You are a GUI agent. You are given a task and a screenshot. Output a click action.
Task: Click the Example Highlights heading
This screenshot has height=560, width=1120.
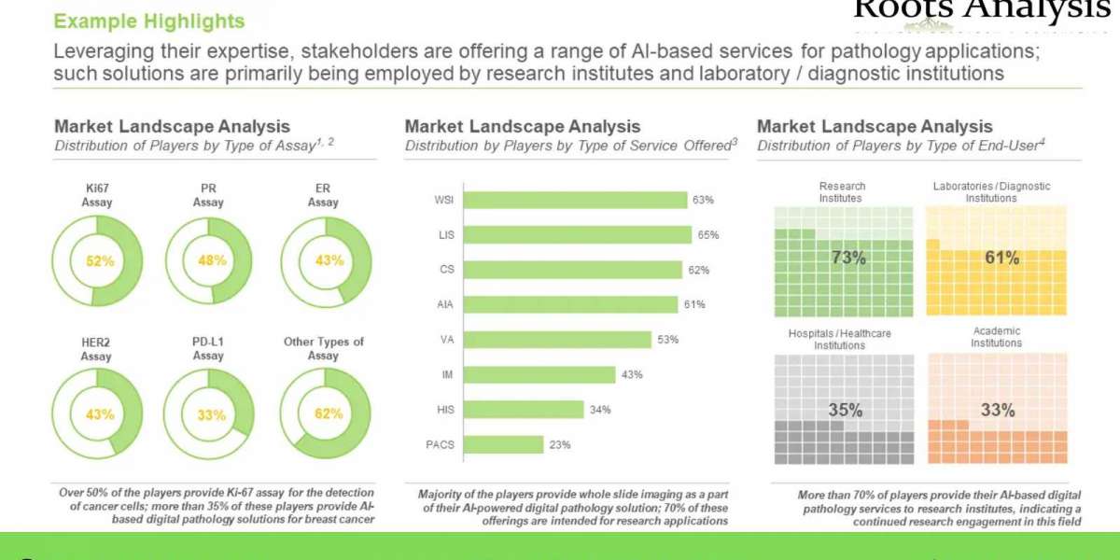(x=149, y=21)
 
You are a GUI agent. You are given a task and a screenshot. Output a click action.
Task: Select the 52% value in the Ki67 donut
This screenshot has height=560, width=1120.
(x=99, y=261)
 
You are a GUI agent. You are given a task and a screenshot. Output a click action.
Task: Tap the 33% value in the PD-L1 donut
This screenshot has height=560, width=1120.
(x=211, y=414)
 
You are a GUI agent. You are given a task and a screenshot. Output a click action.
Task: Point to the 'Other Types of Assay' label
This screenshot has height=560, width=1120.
(x=324, y=348)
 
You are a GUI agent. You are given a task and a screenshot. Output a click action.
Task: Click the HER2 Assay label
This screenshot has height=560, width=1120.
(x=96, y=348)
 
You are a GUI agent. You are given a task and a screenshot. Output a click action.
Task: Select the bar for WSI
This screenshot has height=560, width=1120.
(x=575, y=200)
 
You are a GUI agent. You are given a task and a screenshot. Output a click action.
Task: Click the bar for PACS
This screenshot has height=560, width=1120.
(x=503, y=444)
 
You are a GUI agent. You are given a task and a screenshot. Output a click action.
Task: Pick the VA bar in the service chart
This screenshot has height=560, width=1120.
(x=557, y=340)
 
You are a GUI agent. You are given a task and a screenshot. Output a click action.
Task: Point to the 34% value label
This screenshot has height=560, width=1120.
(x=600, y=410)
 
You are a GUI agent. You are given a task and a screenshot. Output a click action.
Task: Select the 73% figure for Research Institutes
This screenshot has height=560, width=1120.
(x=847, y=258)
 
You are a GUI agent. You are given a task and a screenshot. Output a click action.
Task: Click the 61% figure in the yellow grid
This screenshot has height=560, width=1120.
(x=1001, y=258)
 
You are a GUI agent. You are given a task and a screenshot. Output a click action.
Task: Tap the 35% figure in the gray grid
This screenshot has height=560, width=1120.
(x=845, y=410)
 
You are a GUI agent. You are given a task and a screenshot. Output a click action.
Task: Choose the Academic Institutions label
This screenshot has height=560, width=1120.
(x=996, y=337)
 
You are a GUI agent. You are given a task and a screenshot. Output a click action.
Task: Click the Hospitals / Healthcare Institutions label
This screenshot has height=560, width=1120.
(x=841, y=339)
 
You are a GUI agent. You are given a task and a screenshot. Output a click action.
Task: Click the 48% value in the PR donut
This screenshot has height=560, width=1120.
(x=212, y=261)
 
